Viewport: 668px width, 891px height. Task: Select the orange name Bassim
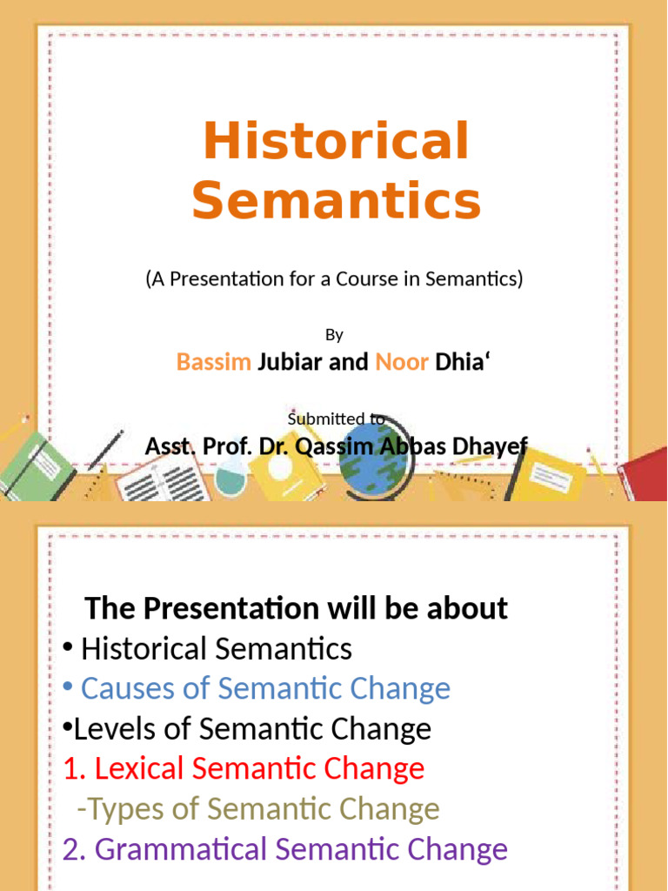[214, 362]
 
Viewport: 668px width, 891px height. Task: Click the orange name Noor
[402, 362]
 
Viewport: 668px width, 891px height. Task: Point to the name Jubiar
[291, 362]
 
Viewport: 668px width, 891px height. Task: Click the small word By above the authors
[335, 335]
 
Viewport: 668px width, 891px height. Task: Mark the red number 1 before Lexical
[70, 769]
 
